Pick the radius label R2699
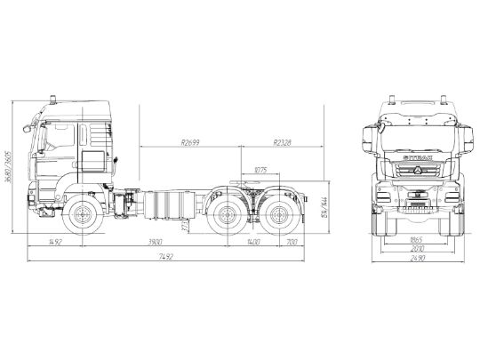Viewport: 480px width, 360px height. (x=189, y=141)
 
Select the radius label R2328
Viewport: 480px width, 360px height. (x=283, y=141)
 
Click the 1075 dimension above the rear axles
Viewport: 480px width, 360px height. (x=260, y=170)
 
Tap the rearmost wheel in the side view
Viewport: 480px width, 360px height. (x=276, y=216)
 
